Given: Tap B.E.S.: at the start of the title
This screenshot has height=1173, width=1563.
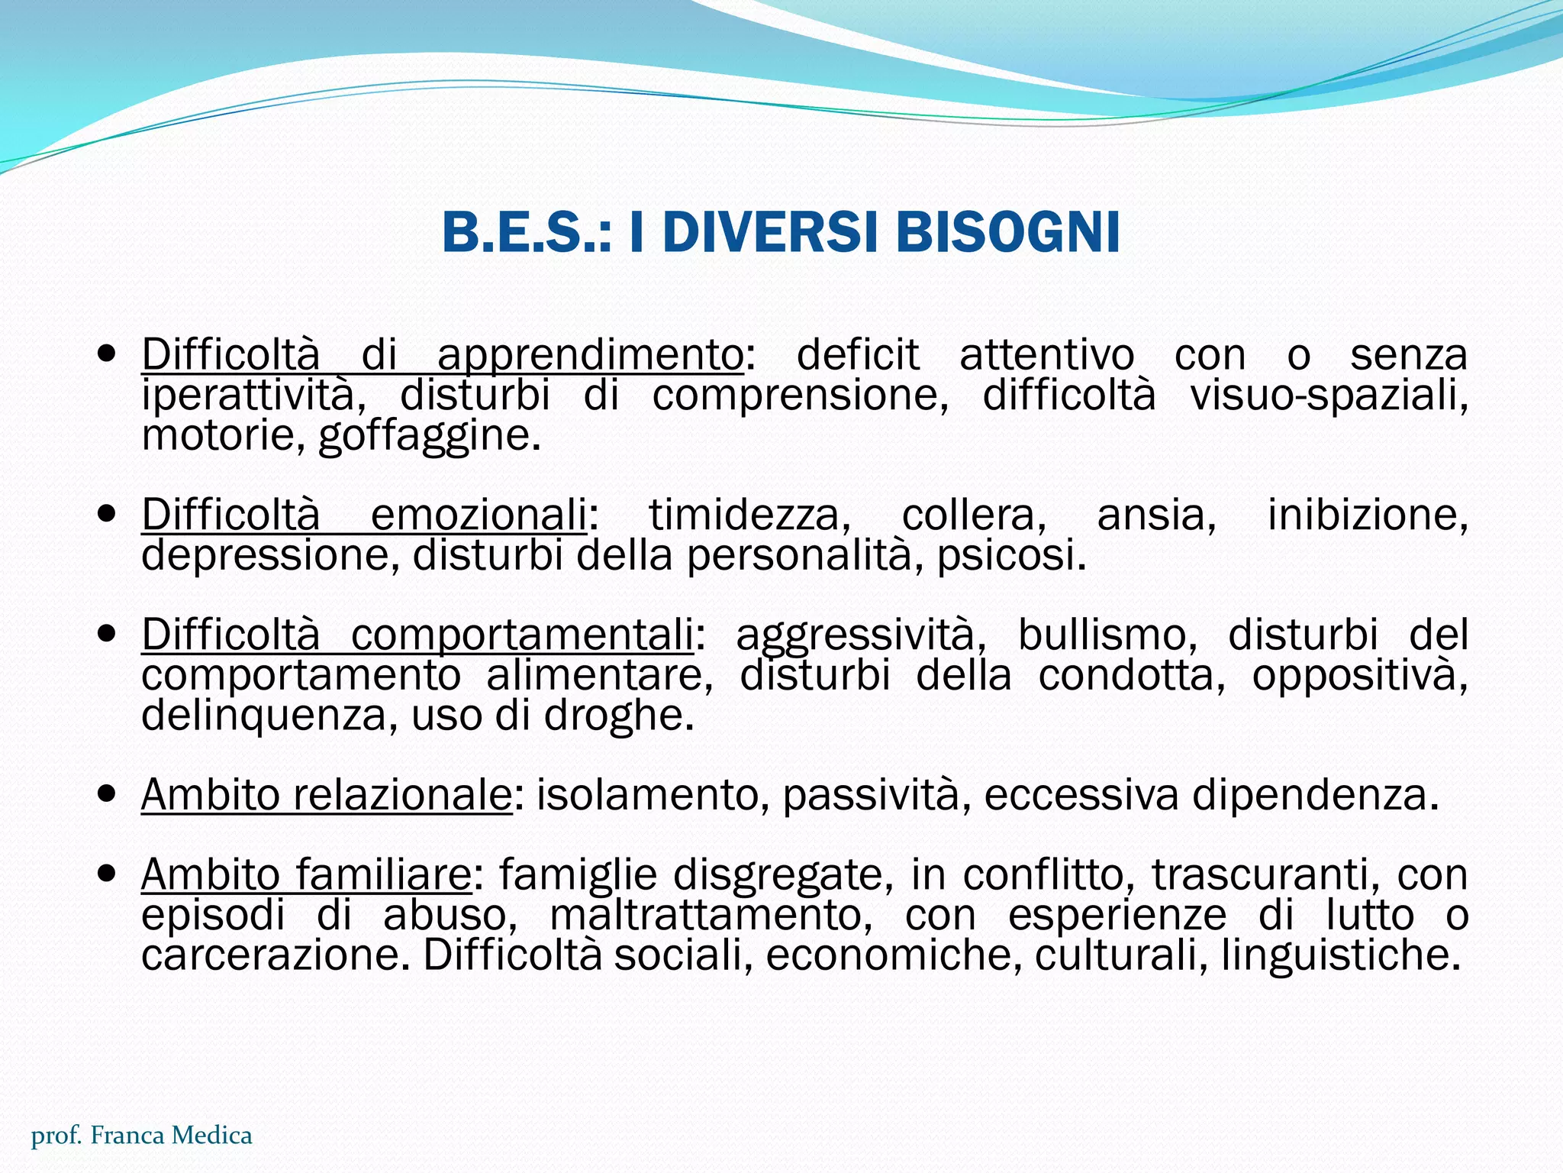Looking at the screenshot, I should coord(527,232).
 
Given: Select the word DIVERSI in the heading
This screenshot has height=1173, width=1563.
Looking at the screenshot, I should coord(778,232).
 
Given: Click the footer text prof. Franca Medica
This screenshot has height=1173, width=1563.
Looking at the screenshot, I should coord(142,1136).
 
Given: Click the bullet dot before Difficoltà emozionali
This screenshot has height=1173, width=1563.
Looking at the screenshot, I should coord(108,513).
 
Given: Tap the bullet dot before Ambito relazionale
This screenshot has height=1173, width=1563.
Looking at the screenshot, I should coord(108,794).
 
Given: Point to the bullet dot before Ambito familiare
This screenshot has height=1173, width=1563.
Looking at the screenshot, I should coord(108,874).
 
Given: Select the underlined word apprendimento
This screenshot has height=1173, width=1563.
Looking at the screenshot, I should coord(590,356).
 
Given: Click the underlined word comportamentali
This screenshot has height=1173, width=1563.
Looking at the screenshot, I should coord(522,635).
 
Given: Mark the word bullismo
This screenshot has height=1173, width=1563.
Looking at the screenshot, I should coord(1107,635).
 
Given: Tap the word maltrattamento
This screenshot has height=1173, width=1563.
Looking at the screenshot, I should coord(711,915).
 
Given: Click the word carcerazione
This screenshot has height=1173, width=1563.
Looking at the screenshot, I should coord(270,955).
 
